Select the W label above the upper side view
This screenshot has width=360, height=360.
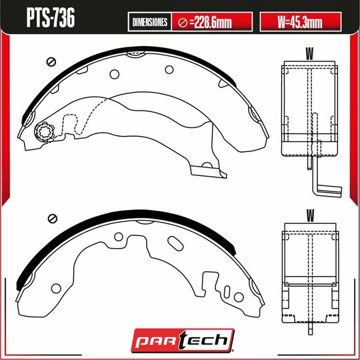click(309, 52)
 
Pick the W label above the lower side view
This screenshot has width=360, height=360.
click(309, 215)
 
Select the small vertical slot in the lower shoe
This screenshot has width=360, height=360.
click(227, 292)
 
